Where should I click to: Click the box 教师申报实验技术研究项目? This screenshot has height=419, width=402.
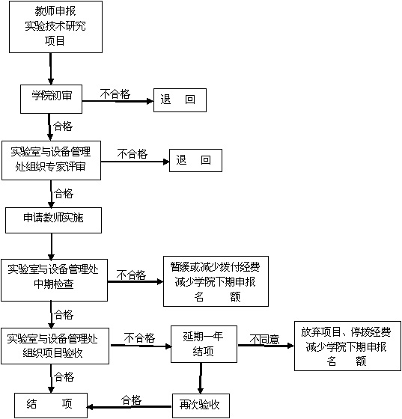pos(55,27)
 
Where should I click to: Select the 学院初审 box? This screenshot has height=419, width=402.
pos(52,99)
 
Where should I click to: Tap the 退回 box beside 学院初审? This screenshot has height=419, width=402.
pos(180,100)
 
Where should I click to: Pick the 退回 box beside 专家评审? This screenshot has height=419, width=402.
pos(195,160)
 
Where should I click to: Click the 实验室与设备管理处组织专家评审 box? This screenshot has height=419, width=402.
pos(52,160)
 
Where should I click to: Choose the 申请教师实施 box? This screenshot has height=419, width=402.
pos(53,220)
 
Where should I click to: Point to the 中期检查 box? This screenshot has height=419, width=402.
pos(54,280)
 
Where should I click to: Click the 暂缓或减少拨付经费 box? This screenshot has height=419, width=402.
pos(216,281)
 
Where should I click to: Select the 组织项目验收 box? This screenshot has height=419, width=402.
pos(55,346)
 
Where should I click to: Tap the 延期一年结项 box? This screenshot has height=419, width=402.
pos(204,344)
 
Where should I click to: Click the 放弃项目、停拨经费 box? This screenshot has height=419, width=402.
pos(348,346)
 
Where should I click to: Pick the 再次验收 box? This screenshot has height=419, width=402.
pos(201,406)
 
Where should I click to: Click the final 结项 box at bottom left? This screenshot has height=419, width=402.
pos(51,406)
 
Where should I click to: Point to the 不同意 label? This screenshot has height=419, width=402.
pos(264,340)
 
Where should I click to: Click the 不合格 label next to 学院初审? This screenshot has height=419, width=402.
pos(115,94)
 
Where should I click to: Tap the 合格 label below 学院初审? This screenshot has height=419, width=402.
pos(63,126)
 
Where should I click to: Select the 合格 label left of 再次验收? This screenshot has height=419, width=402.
pos(131,400)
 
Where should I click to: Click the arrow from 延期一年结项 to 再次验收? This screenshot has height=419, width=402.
pos(201,378)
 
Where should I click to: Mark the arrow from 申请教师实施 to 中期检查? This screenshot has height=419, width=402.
pos(52,246)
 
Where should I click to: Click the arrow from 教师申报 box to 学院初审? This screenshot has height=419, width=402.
pos(50,69)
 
